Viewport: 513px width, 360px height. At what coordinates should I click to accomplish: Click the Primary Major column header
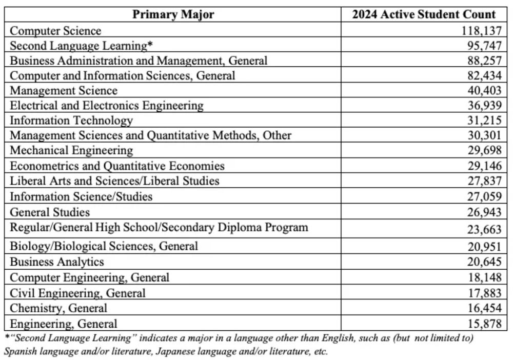point(173,14)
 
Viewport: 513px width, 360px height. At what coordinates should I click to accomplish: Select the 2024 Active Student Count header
point(424,14)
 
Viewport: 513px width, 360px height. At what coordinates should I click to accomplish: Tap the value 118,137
point(480,31)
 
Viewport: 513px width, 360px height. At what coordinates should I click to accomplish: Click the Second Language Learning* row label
point(82,46)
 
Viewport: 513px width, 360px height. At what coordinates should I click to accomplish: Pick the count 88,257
point(483,61)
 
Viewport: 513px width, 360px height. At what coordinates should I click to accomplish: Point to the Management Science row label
point(64,91)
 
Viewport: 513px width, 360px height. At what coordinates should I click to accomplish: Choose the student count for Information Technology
point(483,121)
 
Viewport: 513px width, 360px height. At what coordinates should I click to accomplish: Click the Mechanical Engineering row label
point(71,151)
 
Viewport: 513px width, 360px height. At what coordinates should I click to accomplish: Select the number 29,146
point(483,166)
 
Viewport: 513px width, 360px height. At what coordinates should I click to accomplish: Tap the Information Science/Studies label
point(81,196)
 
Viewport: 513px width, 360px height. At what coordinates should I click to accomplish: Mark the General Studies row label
point(50,212)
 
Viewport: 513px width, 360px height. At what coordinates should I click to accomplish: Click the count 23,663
point(483,229)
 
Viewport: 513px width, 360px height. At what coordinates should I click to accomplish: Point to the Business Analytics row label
point(57,262)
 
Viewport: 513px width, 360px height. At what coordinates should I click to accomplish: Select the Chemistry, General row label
point(58,308)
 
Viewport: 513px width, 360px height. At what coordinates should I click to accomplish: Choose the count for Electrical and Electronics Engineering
point(483,106)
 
